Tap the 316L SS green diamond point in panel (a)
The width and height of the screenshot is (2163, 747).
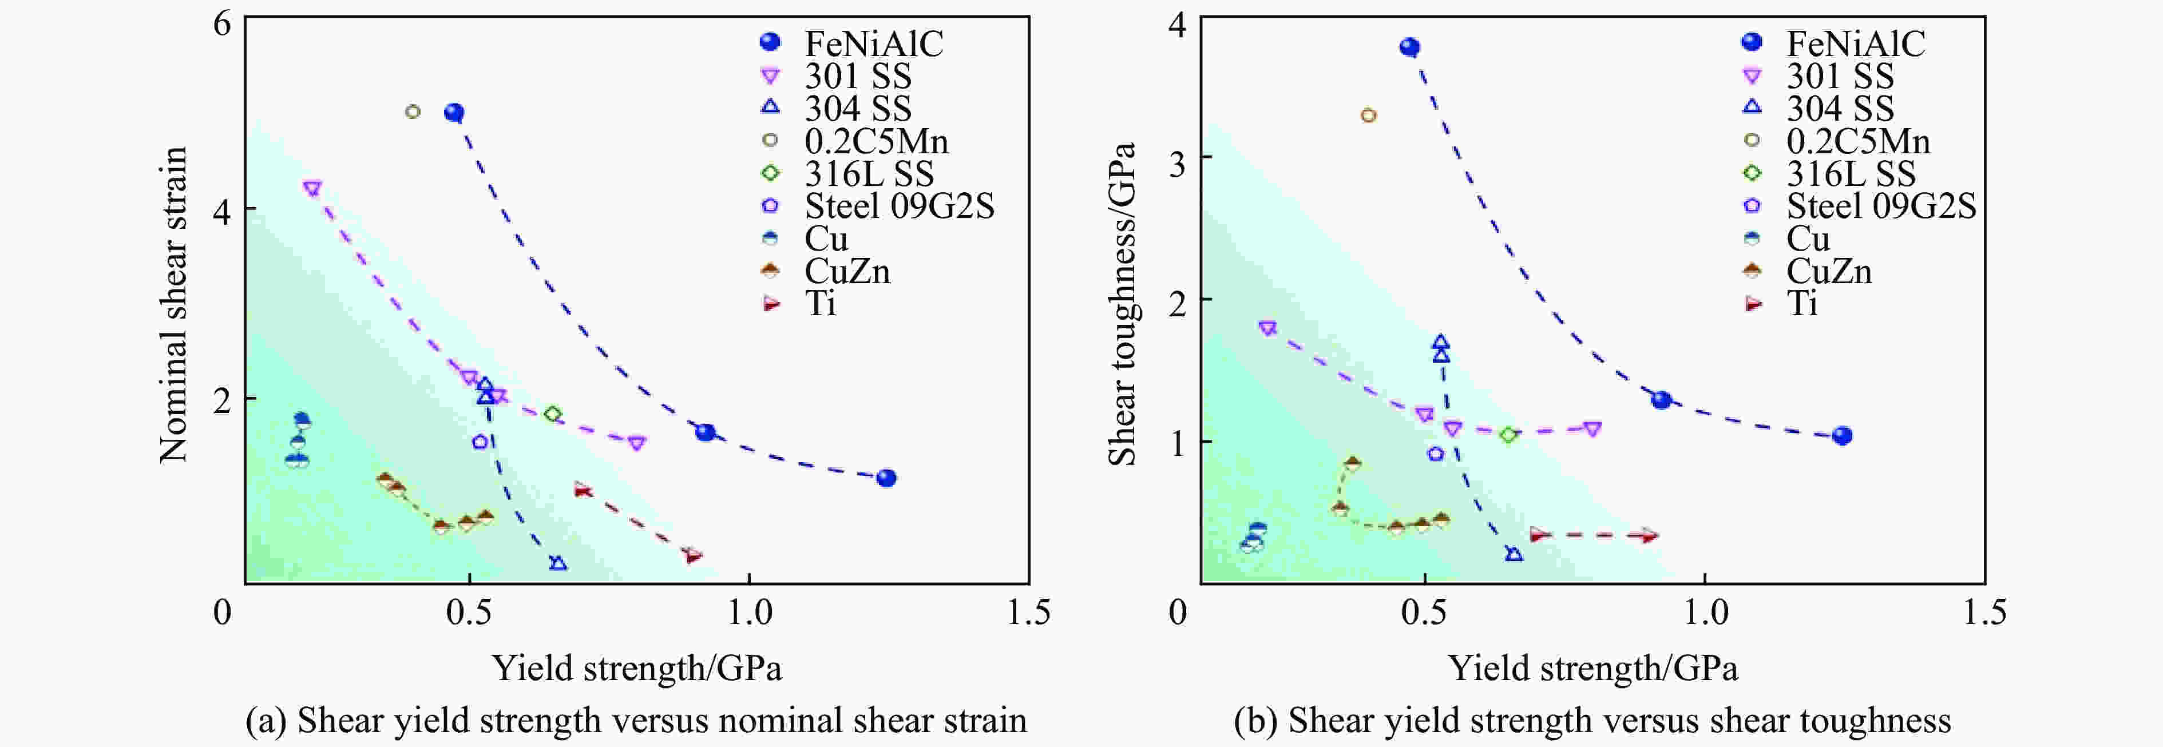[553, 414]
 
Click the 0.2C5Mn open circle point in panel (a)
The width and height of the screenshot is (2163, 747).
[412, 112]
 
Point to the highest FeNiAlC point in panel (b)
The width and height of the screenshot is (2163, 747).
[1410, 47]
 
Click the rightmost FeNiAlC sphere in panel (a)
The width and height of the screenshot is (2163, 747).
[886, 478]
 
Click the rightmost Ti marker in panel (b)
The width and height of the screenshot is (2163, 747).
[1650, 535]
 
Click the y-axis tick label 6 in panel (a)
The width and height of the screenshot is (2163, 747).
[221, 23]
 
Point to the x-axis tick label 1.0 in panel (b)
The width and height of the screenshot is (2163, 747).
[1705, 613]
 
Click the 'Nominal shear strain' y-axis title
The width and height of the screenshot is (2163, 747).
[174, 304]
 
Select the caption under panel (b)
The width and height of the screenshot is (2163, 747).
[1592, 720]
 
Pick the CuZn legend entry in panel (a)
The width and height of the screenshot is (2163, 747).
[846, 271]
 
